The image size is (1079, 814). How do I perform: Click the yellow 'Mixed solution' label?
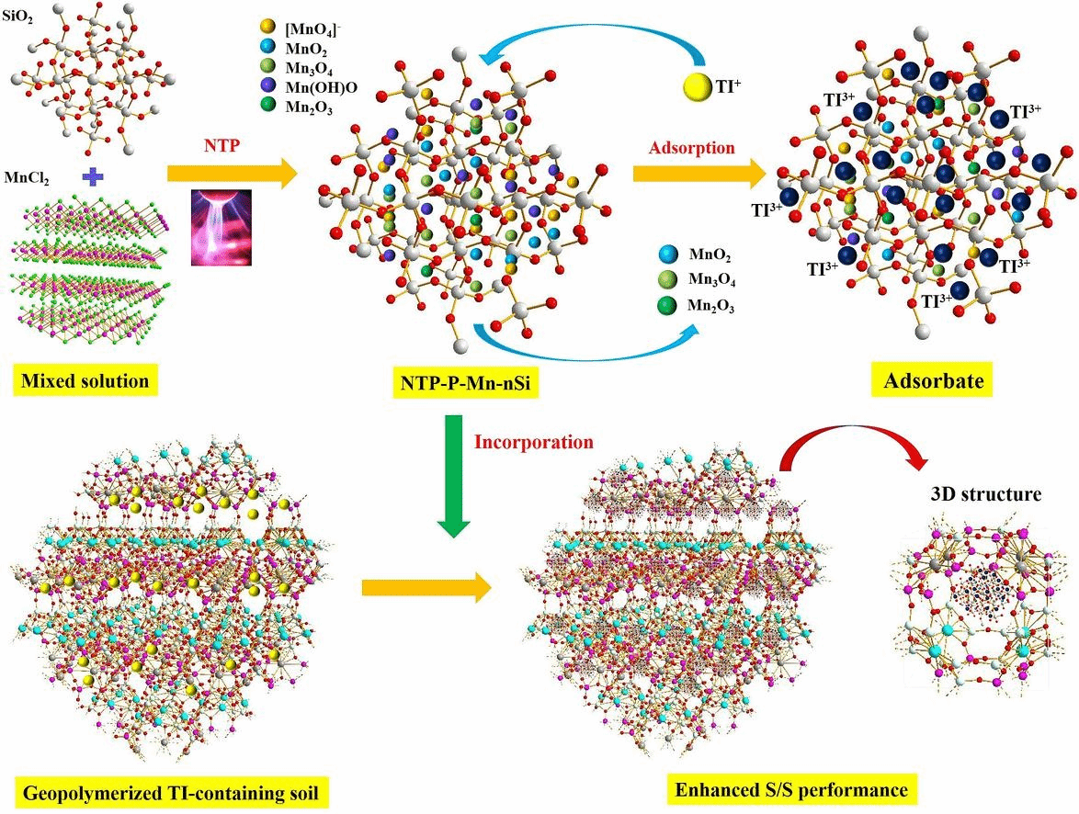(x=85, y=380)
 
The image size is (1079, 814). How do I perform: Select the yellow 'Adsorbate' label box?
(x=933, y=380)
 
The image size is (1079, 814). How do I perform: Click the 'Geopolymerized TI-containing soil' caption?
(x=171, y=793)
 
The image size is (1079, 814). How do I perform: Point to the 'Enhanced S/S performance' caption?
(x=790, y=789)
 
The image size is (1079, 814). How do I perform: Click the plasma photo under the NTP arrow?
(x=221, y=228)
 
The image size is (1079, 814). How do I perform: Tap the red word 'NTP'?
(x=221, y=145)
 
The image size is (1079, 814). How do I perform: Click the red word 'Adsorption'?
(x=691, y=148)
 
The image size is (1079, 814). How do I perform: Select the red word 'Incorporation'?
(x=533, y=441)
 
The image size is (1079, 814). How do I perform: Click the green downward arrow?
(x=454, y=476)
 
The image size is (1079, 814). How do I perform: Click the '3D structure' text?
(x=985, y=494)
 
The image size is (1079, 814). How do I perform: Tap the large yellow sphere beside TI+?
(x=697, y=87)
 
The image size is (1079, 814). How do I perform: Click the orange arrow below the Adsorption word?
(x=699, y=174)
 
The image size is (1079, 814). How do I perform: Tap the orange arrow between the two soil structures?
(x=426, y=588)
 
